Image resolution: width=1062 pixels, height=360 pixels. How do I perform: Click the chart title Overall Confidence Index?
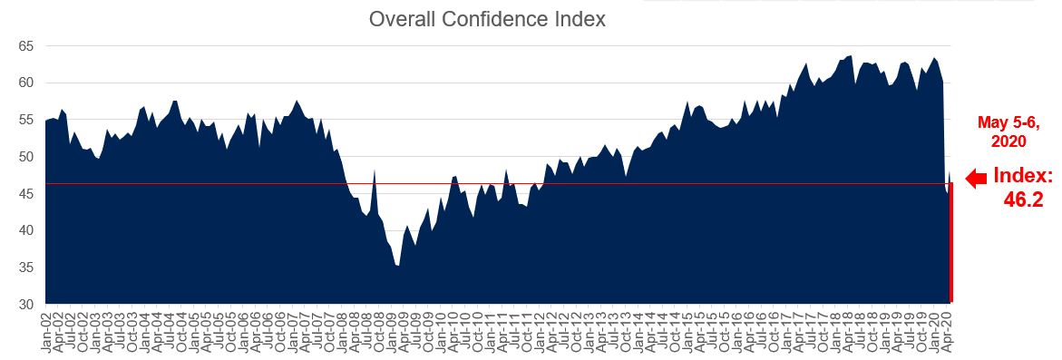(487, 19)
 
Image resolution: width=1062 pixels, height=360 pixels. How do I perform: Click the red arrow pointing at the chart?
(976, 180)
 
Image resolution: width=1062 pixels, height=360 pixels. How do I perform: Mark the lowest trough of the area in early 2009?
(398, 266)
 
